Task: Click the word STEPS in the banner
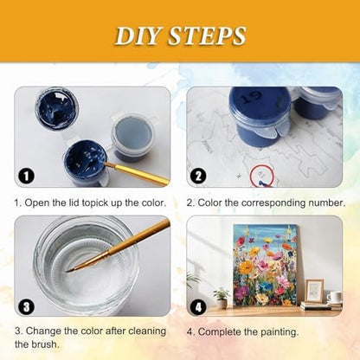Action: (x=207, y=35)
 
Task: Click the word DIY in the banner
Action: (x=138, y=35)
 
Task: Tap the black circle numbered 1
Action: (x=26, y=176)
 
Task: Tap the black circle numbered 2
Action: (x=198, y=176)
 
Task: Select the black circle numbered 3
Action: (x=26, y=306)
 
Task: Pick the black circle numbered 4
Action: (x=198, y=306)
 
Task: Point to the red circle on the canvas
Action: (x=262, y=175)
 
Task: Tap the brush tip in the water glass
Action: (x=71, y=270)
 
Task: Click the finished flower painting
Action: (x=265, y=265)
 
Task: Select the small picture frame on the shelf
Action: (x=314, y=290)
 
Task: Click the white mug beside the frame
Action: (x=334, y=297)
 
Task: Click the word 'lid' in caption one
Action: (x=74, y=202)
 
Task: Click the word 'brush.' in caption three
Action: (x=44, y=344)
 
